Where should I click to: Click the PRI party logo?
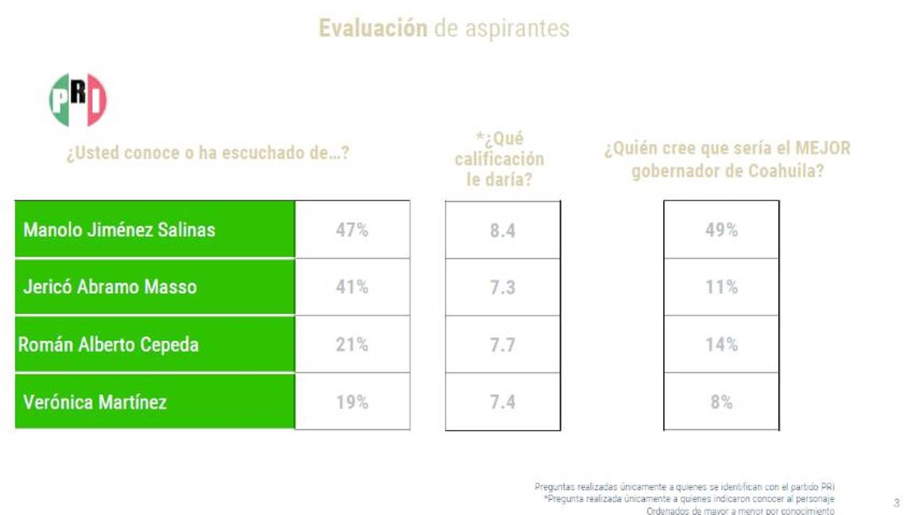(78, 100)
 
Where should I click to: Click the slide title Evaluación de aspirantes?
(444, 29)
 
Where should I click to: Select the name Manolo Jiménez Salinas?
(119, 230)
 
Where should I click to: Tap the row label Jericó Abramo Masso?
(110, 287)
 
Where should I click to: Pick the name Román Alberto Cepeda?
(108, 344)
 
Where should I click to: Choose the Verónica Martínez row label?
(95, 401)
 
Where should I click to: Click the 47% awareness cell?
(351, 230)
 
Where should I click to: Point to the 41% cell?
(351, 287)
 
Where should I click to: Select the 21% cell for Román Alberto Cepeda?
(351, 344)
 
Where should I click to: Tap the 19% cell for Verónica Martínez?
(351, 401)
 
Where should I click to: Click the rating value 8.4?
(503, 230)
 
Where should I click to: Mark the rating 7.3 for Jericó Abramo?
(503, 288)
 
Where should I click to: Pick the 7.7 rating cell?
(503, 345)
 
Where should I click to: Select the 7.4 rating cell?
(503, 402)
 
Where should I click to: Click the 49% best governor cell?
(721, 230)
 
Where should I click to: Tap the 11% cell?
(721, 287)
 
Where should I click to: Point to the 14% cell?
(721, 344)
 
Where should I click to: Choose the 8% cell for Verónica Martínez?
(721, 401)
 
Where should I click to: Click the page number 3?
(897, 502)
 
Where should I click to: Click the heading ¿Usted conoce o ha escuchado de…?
(208, 153)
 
